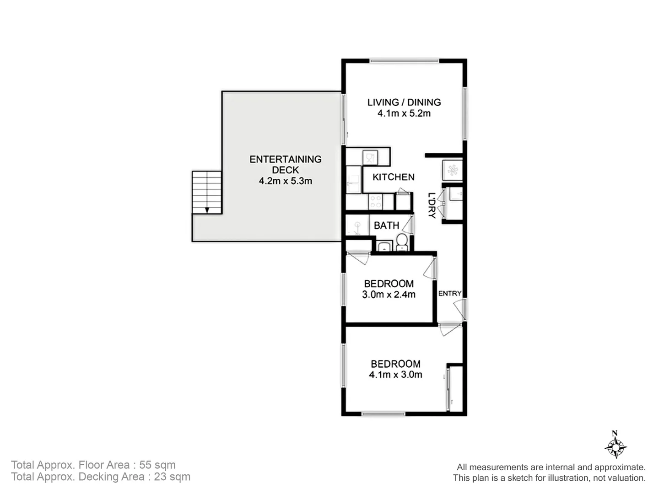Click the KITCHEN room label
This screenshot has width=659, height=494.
pyautogui.click(x=393, y=177)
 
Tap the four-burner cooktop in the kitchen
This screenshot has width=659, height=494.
pyautogui.click(x=375, y=201)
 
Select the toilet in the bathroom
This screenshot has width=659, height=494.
pyautogui.click(x=402, y=241)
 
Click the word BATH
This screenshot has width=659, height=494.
pyautogui.click(x=386, y=226)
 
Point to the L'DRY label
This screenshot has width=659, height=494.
pyautogui.click(x=431, y=205)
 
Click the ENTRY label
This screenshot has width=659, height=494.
pyautogui.click(x=449, y=294)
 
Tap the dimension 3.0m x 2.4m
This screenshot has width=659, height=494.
pyautogui.click(x=389, y=295)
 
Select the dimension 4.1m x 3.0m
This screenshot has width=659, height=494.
pyautogui.click(x=395, y=375)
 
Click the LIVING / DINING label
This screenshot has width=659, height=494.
pyautogui.click(x=404, y=102)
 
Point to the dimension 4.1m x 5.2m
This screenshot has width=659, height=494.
pyautogui.click(x=404, y=113)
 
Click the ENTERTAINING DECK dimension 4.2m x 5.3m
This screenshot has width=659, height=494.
pyautogui.click(x=285, y=181)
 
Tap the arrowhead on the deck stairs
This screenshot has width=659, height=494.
pyautogui.click(x=207, y=210)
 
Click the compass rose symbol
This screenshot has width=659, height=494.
pyautogui.click(x=615, y=447)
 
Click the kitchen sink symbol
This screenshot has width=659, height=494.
pyautogui.click(x=370, y=158)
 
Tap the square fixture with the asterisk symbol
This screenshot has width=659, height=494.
pyautogui.click(x=453, y=170)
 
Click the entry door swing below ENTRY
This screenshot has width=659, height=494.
pyautogui.click(x=459, y=310)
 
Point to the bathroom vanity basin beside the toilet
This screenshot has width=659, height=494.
pyautogui.click(x=384, y=247)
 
